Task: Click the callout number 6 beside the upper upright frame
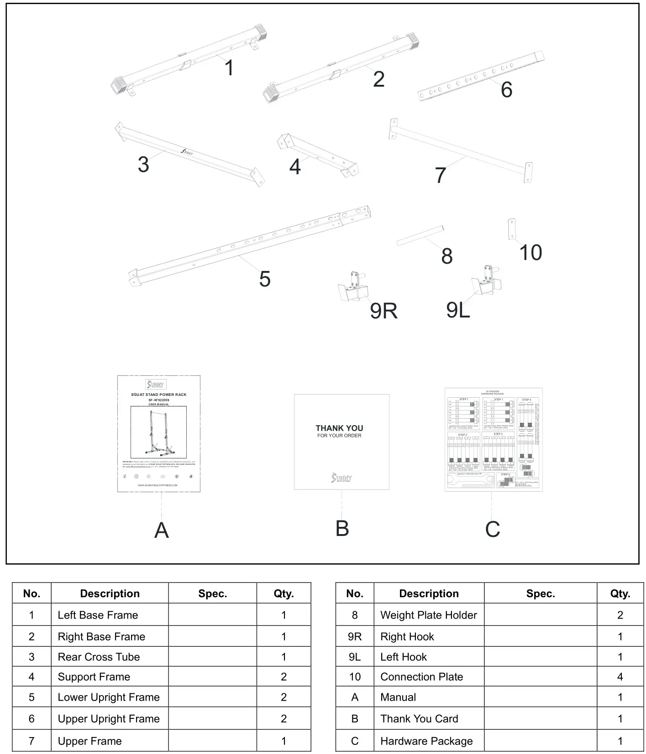tap(506, 89)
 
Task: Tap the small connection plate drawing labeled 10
tap(512, 229)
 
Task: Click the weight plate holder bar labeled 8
tap(420, 235)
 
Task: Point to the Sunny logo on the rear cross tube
tap(186, 152)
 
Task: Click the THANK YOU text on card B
tap(339, 428)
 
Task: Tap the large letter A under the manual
tap(162, 530)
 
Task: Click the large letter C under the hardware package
tap(492, 529)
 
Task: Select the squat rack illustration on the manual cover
tap(158, 432)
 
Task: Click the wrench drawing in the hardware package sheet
tap(470, 481)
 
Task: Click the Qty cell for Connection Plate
tap(620, 676)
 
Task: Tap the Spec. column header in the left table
tap(212, 593)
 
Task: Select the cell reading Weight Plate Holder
tap(428, 615)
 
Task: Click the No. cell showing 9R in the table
tap(354, 636)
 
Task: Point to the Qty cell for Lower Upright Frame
tap(284, 697)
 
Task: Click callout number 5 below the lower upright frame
tap(265, 279)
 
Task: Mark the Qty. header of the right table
tap(620, 593)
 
